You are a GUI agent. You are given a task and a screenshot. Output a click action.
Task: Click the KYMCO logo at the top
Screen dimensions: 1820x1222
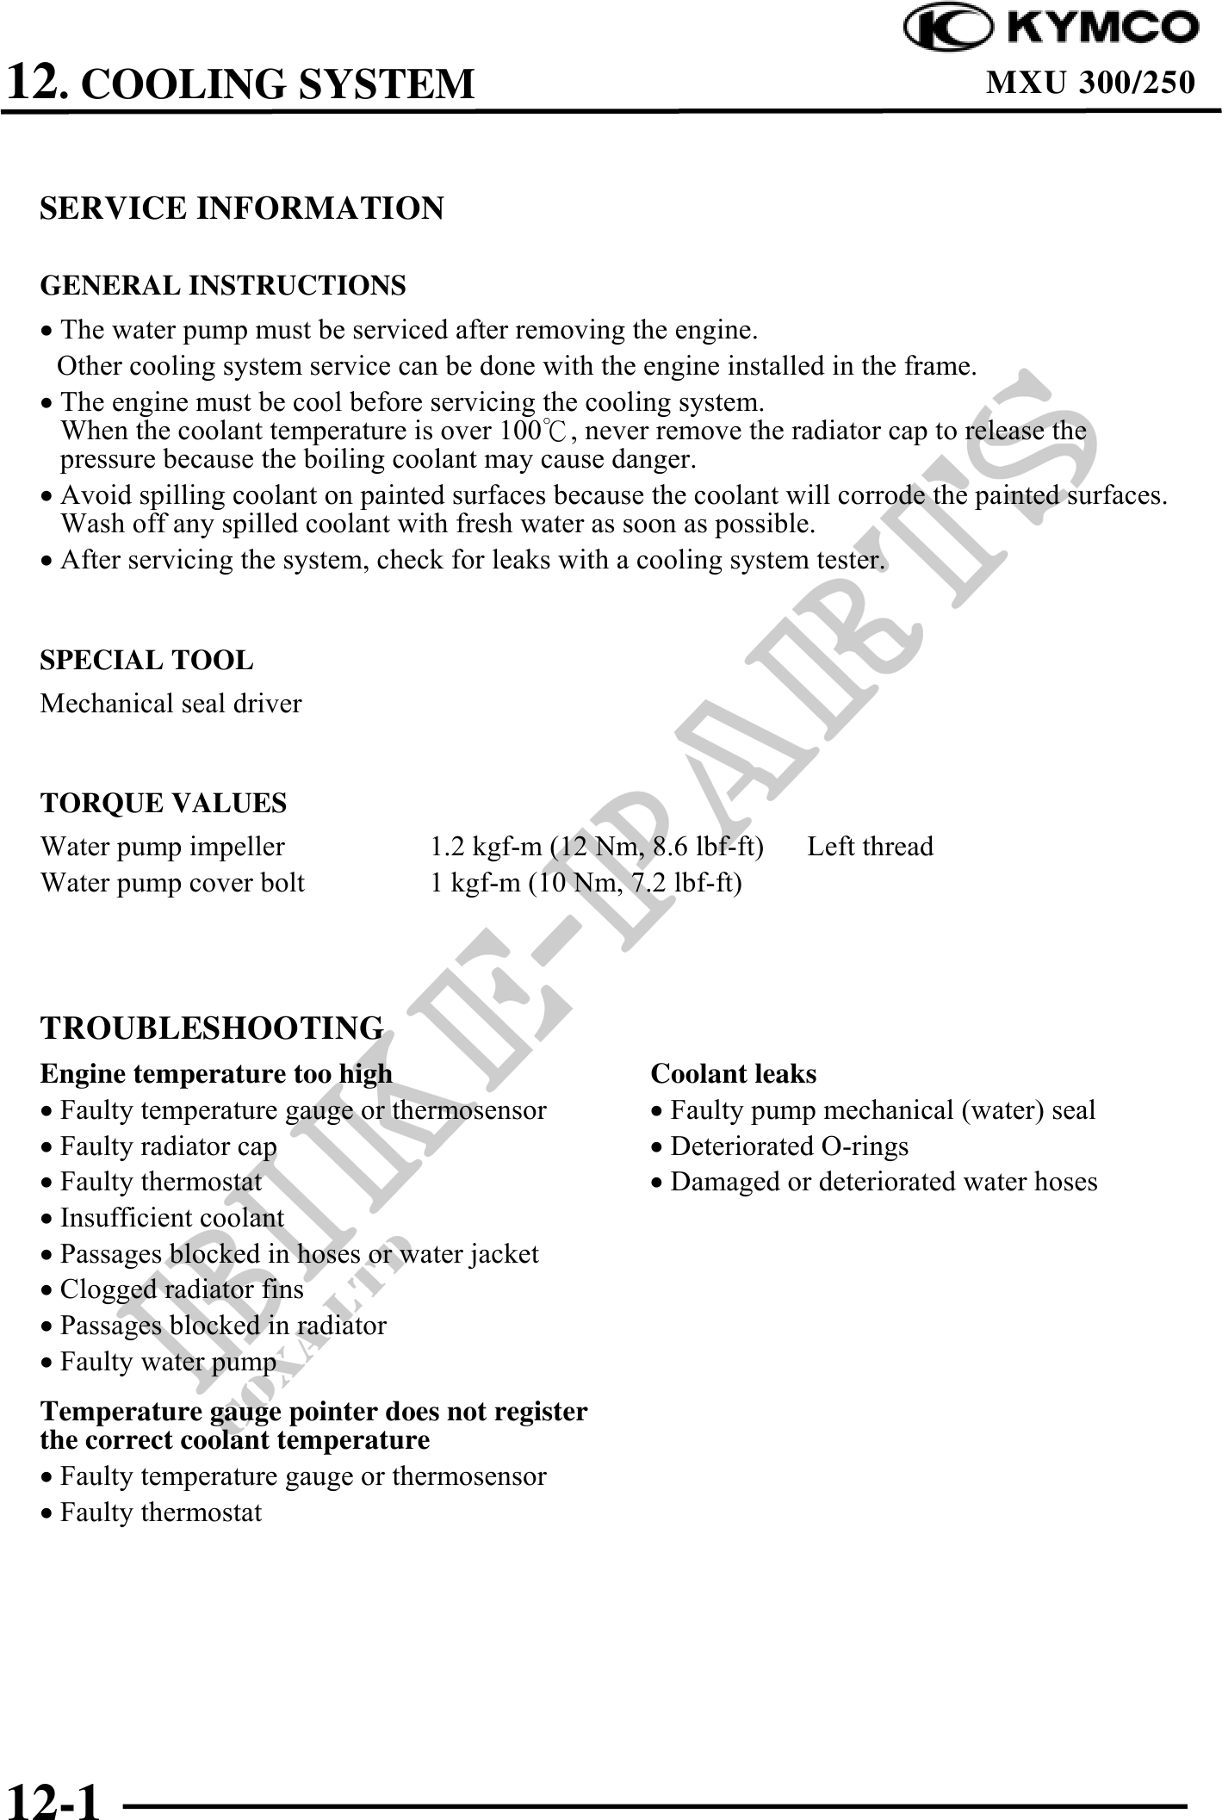coord(1050,28)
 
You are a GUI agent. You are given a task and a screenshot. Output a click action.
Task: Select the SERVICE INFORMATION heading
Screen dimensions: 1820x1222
coord(242,208)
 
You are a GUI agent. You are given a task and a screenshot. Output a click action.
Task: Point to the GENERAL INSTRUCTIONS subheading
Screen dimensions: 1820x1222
coord(223,285)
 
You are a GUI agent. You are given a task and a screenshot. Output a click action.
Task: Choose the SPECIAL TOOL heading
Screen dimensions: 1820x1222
coord(146,661)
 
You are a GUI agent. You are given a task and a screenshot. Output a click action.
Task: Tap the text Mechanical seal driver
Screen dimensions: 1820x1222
coord(171,704)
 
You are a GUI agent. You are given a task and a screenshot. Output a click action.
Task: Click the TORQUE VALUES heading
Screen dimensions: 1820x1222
coord(164,803)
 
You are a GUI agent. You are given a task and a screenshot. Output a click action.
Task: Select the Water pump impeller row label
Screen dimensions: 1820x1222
coord(162,847)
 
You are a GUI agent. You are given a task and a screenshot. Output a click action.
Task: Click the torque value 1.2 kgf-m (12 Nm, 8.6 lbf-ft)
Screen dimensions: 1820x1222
coord(597,847)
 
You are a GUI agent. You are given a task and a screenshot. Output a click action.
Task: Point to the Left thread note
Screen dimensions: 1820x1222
coord(870,847)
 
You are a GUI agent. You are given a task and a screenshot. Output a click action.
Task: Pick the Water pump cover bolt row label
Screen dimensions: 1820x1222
coord(172,883)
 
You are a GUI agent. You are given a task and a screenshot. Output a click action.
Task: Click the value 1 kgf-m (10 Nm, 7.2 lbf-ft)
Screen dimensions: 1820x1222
coord(586,883)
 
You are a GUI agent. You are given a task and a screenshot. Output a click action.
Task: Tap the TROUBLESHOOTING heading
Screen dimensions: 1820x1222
coord(212,1028)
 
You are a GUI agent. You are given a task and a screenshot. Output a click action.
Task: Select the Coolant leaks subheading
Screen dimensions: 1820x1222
coord(733,1074)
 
